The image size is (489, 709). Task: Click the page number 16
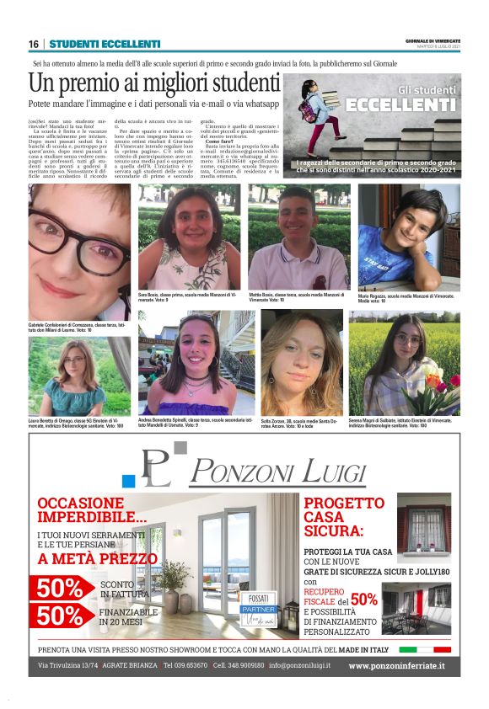click(x=34, y=44)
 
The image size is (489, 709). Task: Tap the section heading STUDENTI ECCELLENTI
click(x=105, y=44)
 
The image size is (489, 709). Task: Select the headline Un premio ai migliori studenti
click(x=153, y=83)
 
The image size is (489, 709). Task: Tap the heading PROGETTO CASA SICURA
click(x=344, y=517)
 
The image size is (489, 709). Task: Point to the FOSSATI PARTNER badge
click(x=259, y=604)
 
